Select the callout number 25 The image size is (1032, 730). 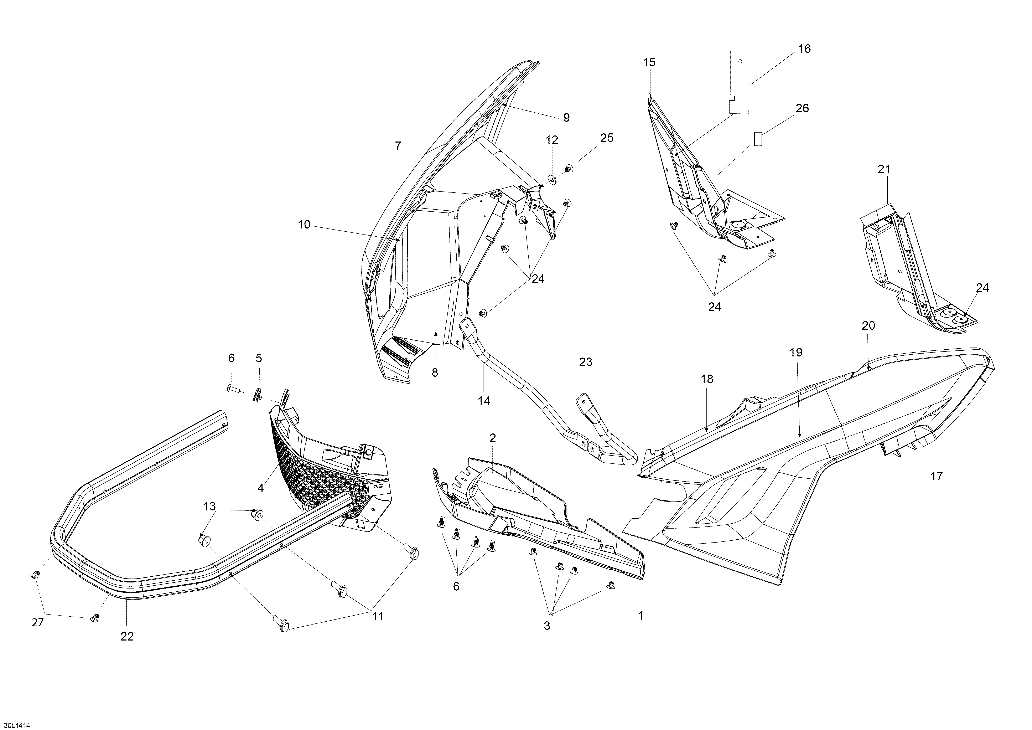tap(607, 138)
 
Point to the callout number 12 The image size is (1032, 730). tap(552, 140)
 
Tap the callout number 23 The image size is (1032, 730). tap(586, 362)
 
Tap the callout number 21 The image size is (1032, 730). tap(884, 169)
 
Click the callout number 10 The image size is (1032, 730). tap(304, 225)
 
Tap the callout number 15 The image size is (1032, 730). tap(649, 62)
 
